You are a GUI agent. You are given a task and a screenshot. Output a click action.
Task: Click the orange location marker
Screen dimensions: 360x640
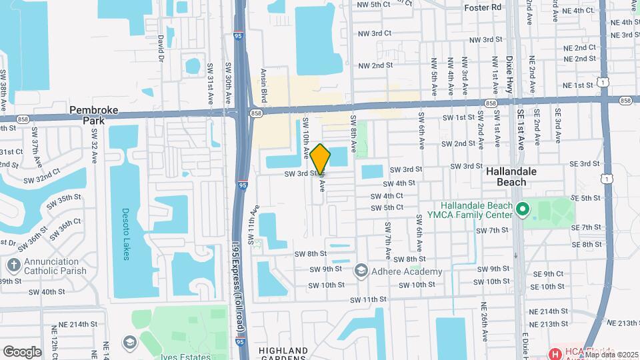[320, 159]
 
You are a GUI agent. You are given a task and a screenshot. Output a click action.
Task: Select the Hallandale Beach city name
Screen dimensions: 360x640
[521, 177]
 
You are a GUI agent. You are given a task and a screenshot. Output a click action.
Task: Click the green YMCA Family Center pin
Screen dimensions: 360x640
[523, 210]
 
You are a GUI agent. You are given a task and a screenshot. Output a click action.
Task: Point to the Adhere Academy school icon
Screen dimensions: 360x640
[361, 271]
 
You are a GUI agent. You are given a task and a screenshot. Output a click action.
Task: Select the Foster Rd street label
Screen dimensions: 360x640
[483, 8]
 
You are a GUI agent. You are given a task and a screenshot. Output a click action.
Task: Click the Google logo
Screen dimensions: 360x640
[22, 351]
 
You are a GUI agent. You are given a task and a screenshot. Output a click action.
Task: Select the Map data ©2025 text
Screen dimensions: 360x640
[611, 355]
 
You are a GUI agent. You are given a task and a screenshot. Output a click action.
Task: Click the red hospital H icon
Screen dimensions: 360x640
[553, 352]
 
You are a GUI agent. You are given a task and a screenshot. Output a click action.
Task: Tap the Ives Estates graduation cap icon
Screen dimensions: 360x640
[129, 343]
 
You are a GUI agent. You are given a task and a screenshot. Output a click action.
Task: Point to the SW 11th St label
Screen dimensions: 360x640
[366, 300]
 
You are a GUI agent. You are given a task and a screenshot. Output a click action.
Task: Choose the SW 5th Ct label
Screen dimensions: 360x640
[388, 207]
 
